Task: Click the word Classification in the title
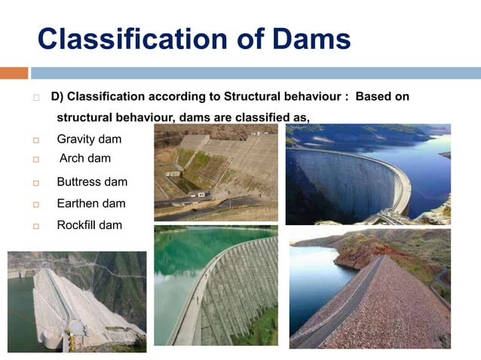tap(136, 38)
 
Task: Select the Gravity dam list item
tap(89, 139)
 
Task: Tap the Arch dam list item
tap(85, 158)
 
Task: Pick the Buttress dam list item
tap(92, 182)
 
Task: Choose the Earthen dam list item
tap(91, 203)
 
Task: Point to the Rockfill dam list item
tap(89, 225)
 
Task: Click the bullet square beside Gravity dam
tap(35, 140)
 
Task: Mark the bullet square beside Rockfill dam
tap(35, 226)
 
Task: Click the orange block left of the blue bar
tap(14, 73)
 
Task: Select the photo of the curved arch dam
tap(367, 175)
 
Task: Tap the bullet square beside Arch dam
tap(35, 160)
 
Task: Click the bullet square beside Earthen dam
tap(35, 204)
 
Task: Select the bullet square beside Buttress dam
tap(35, 182)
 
